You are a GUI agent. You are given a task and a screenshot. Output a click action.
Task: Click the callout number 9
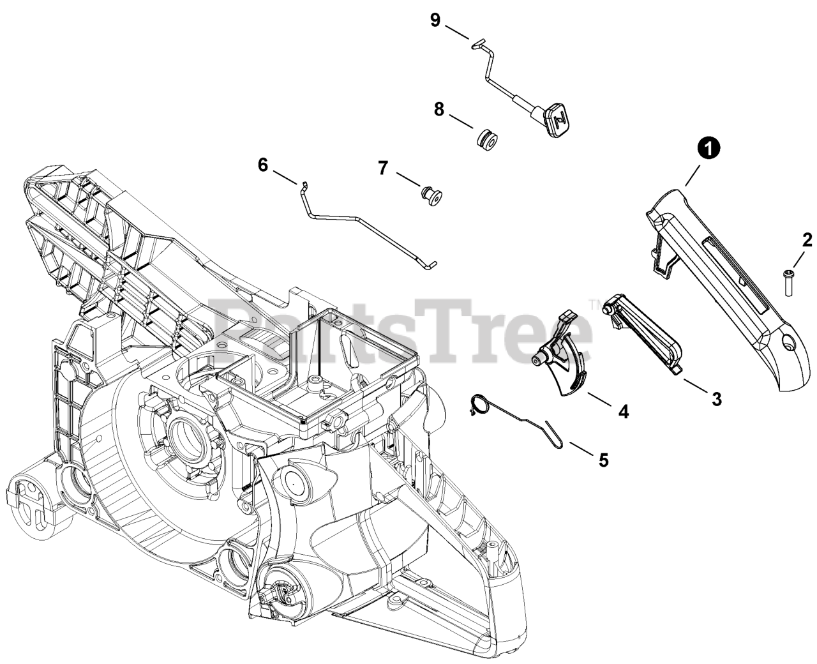435,20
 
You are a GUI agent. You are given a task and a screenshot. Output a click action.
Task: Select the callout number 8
438,109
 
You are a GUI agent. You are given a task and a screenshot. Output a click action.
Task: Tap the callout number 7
383,168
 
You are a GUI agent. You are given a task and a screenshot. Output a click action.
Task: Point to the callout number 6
263,165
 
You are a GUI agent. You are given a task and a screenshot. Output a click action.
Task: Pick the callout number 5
603,459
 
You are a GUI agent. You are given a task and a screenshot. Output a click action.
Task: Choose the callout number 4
623,412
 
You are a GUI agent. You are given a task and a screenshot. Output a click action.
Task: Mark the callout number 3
716,399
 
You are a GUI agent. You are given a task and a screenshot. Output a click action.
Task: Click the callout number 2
807,240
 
